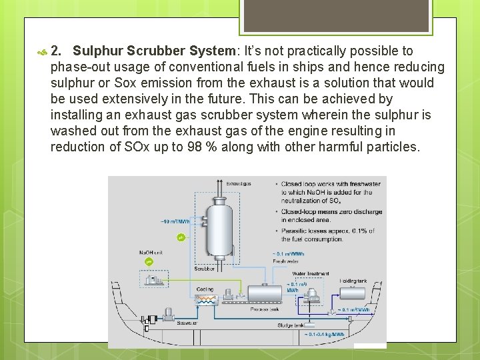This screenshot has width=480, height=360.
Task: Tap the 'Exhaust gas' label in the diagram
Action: click(238, 183)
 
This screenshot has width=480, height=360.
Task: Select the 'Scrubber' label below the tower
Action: click(204, 269)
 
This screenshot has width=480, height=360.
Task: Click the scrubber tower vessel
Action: click(218, 223)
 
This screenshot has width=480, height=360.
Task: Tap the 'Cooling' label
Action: click(205, 289)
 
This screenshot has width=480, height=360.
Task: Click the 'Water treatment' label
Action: click(310, 273)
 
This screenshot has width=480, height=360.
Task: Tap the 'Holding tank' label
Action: click(353, 281)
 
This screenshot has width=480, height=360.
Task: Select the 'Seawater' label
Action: click(187, 323)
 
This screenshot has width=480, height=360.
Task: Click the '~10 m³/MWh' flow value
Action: click(175, 221)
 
